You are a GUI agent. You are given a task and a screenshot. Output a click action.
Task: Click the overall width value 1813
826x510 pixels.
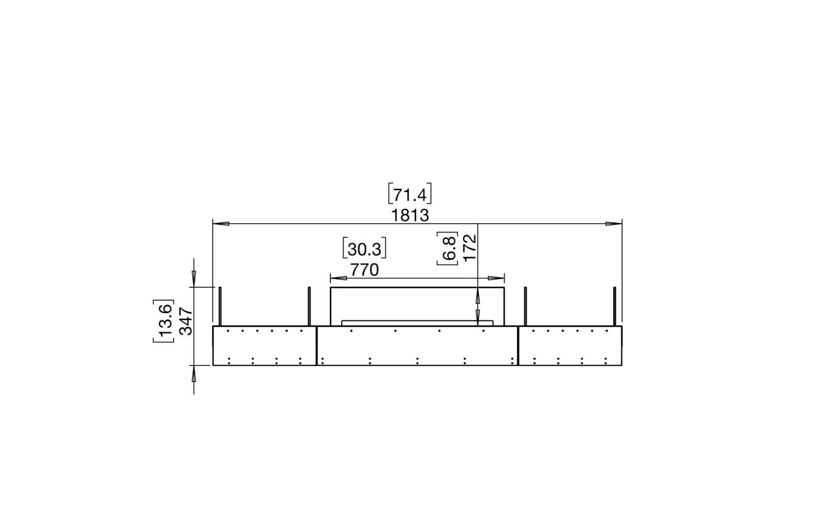(410, 215)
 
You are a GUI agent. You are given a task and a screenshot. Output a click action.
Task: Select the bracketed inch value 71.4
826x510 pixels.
(410, 194)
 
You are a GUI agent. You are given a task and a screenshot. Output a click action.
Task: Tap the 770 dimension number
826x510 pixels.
(365, 270)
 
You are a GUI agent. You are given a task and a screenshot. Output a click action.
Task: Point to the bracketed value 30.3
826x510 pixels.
(365, 250)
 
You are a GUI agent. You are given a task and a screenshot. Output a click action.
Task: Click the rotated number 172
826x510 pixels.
(469, 247)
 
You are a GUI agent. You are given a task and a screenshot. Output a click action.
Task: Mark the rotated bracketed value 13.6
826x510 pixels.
(163, 321)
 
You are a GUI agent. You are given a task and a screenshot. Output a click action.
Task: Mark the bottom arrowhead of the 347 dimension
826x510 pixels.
(194, 373)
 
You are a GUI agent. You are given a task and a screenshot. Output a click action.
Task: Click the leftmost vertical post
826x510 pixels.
(220, 306)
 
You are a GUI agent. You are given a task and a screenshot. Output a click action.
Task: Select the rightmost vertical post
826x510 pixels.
(614, 306)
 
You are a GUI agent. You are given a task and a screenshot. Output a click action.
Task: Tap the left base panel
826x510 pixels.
(264, 346)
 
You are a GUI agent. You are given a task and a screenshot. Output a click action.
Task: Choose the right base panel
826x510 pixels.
(570, 346)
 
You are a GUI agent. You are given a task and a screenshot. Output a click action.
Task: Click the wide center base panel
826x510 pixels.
(417, 346)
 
